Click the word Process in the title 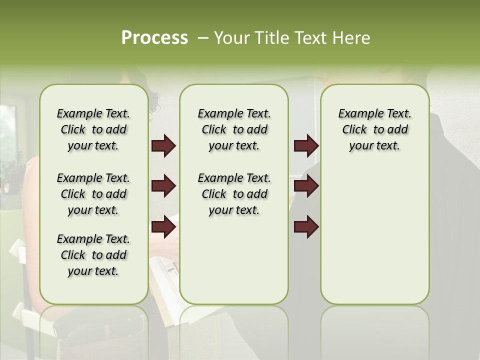154,37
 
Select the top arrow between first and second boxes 163,146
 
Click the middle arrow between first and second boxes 163,186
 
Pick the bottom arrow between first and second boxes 163,227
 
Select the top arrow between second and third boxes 306,146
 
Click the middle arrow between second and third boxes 306,186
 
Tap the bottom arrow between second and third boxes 306,227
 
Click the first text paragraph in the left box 93,129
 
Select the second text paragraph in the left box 93,194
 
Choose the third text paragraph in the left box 93,255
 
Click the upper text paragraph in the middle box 234,129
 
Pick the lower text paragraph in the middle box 234,194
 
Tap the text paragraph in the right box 375,129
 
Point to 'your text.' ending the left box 93,271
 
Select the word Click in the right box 354,130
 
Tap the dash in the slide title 203,38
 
